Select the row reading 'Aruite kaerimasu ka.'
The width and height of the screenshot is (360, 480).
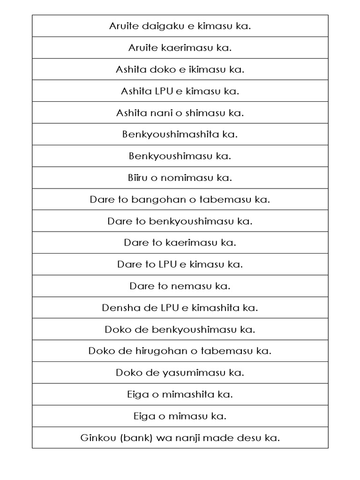(x=180, y=48)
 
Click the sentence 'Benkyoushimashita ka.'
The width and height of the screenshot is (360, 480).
(x=180, y=135)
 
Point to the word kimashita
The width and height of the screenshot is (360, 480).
(x=217, y=308)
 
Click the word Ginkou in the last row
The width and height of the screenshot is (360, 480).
(x=96, y=438)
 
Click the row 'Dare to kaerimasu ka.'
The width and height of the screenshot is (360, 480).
(x=180, y=243)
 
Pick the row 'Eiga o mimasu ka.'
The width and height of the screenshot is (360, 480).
(x=180, y=416)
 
